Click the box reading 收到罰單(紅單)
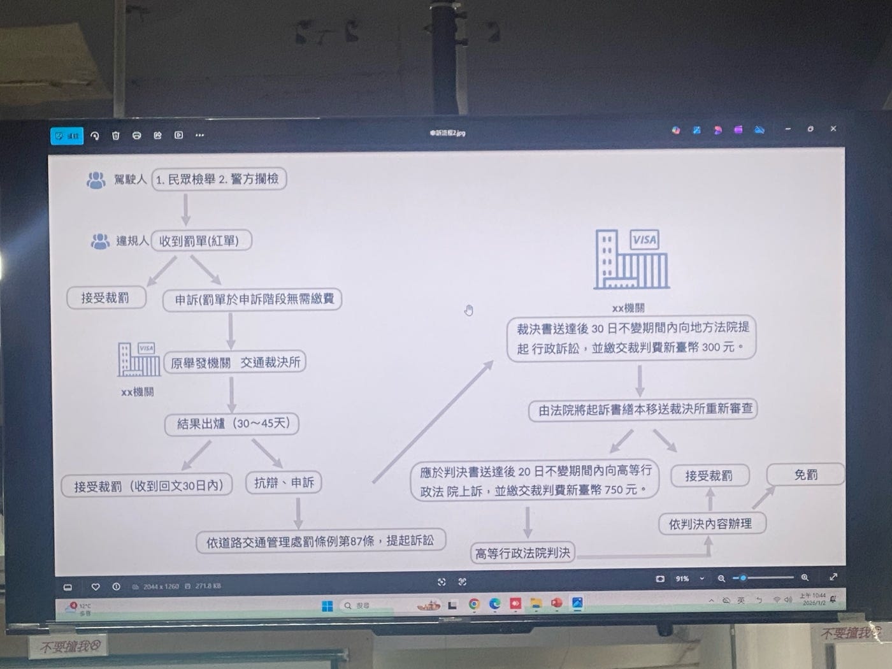pyautogui.click(x=201, y=241)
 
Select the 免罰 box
pyautogui.click(x=805, y=475)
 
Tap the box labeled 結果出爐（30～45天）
pyautogui.click(x=232, y=424)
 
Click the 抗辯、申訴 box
pyautogui.click(x=284, y=483)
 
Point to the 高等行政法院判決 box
pyautogui.click(x=522, y=553)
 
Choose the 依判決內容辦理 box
pyautogui.click(x=710, y=524)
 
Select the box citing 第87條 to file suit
pyautogui.click(x=320, y=542)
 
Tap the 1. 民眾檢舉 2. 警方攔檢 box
pyautogui.click(x=219, y=179)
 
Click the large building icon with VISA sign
pyautogui.click(x=631, y=259)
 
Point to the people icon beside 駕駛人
pyautogui.click(x=96, y=180)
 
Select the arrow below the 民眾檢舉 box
pyautogui.click(x=185, y=209)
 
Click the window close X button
pyautogui.click(x=833, y=129)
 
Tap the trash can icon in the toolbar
pyautogui.click(x=116, y=135)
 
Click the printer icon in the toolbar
pyautogui.click(x=136, y=135)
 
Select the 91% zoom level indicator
pyautogui.click(x=682, y=579)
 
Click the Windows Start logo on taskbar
pyautogui.click(x=327, y=606)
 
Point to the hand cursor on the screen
pyautogui.click(x=469, y=310)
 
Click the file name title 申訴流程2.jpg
pyautogui.click(x=447, y=133)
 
